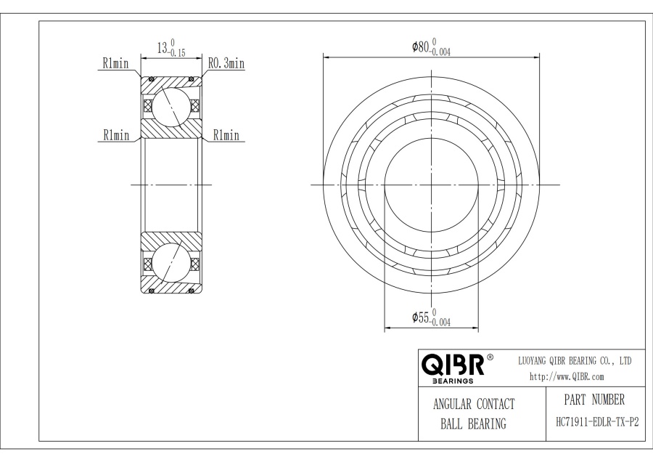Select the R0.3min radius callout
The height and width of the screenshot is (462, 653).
226,64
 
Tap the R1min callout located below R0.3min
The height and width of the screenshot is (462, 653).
225,135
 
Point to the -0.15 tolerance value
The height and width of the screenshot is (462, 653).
177,53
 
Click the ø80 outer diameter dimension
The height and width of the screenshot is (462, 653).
421,47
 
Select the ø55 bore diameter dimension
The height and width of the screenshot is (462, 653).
421,317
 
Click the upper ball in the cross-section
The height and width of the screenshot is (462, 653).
171,106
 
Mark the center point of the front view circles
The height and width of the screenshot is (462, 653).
431,185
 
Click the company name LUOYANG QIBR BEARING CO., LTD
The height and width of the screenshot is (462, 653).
574,360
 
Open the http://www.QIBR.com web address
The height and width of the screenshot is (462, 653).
567,376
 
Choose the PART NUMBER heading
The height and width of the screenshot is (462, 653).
593,400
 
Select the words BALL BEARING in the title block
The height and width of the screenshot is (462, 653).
473,424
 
